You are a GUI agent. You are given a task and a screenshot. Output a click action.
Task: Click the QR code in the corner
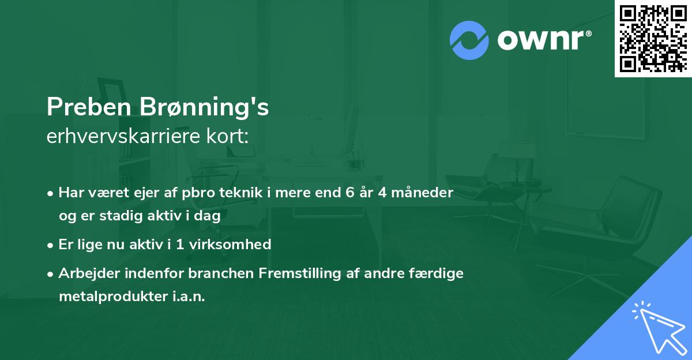click(x=652, y=38)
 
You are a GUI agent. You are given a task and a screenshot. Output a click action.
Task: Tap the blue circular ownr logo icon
click(x=469, y=40)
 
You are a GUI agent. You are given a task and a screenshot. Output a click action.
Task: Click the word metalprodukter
click(x=113, y=297)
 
